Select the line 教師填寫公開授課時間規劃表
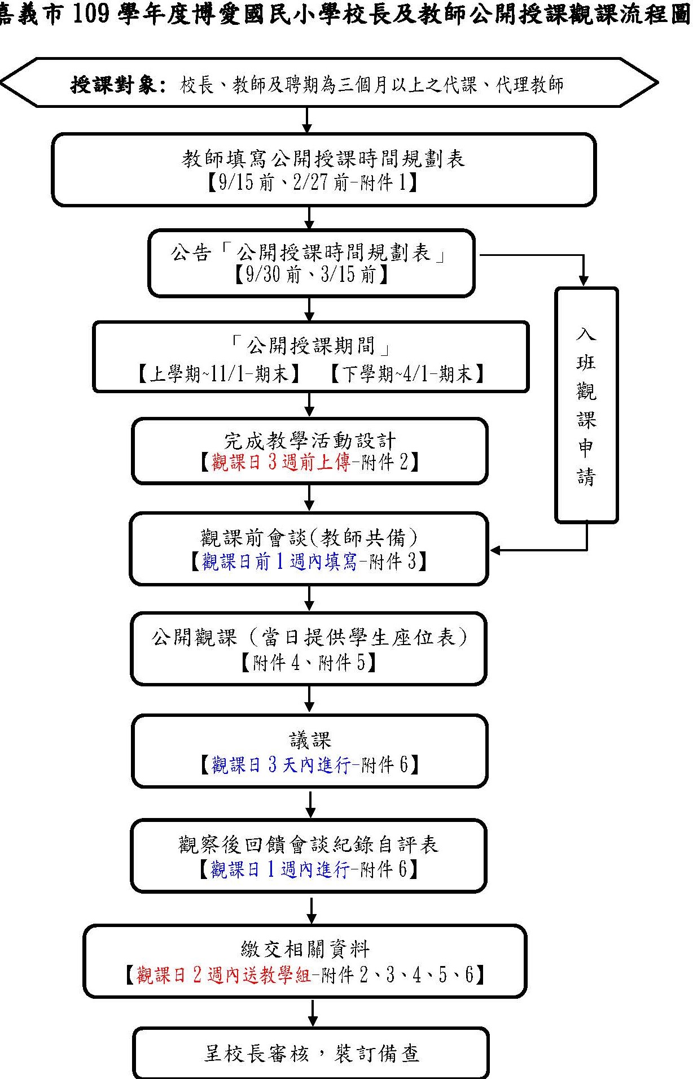pos(323,159)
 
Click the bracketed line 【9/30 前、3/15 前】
pos(311,275)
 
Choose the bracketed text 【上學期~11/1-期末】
pos(219,374)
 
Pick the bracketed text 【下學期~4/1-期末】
pos(406,374)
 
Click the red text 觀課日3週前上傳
pos(280,462)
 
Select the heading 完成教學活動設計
pos(310,440)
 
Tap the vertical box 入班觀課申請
pos(586,405)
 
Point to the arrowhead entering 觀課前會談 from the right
pos(495,550)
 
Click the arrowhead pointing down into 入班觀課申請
pos(584,281)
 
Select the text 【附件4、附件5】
pos(308,662)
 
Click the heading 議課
pos(310,739)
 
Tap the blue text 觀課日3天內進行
pos(280,765)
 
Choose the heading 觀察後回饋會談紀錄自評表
pos(308,845)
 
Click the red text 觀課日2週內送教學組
pos(223,975)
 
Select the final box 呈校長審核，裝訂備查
pos(311,1054)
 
